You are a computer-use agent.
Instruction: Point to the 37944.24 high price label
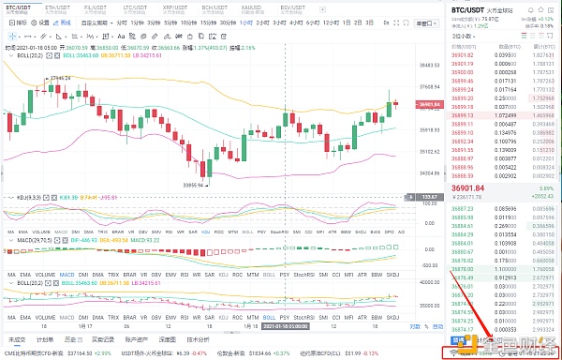tap(61, 78)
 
